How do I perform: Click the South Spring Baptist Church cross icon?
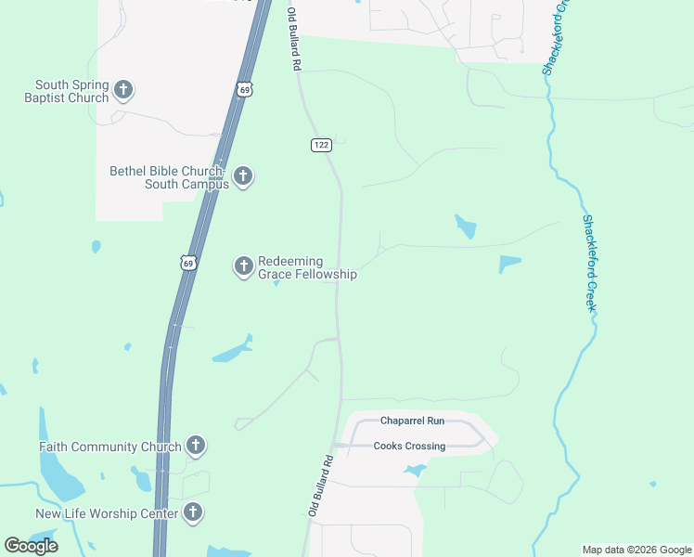click(x=123, y=90)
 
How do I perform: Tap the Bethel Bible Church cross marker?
click(x=243, y=175)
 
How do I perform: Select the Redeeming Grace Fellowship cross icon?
click(x=243, y=266)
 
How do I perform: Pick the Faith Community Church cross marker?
click(x=196, y=446)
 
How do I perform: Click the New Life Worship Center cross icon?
click(x=193, y=512)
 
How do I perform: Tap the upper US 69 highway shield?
click(x=243, y=89)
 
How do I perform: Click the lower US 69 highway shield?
click(x=188, y=263)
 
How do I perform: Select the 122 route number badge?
click(x=321, y=145)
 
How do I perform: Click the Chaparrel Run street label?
click(x=412, y=421)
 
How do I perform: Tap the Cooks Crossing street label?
click(x=409, y=447)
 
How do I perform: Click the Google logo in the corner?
click(x=31, y=545)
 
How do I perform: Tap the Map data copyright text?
click(x=636, y=550)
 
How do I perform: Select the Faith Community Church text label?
click(x=110, y=447)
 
